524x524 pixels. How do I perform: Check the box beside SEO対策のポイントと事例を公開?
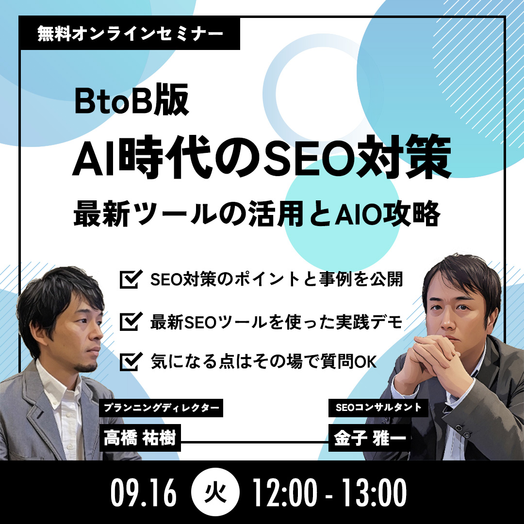tap(129, 280)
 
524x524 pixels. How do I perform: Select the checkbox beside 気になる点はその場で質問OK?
tap(129, 361)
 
